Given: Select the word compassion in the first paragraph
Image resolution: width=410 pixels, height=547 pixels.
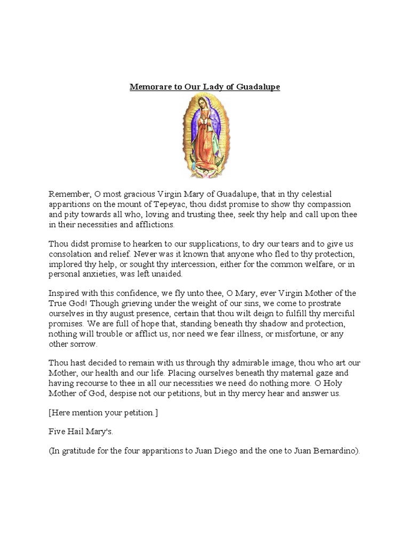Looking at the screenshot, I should (334, 204).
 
